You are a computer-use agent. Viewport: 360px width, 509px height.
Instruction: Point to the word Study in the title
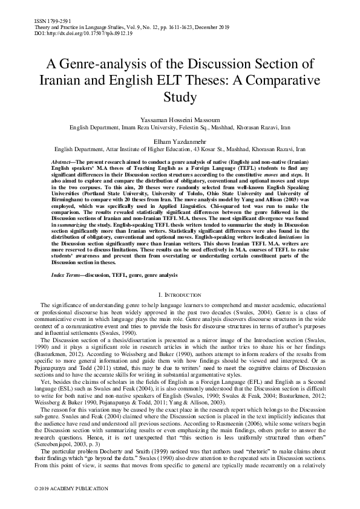coord(180,96)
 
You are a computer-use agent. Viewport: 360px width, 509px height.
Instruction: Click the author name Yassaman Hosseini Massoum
coord(180,121)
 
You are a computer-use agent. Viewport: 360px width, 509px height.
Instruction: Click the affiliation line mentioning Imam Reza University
coord(180,128)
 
